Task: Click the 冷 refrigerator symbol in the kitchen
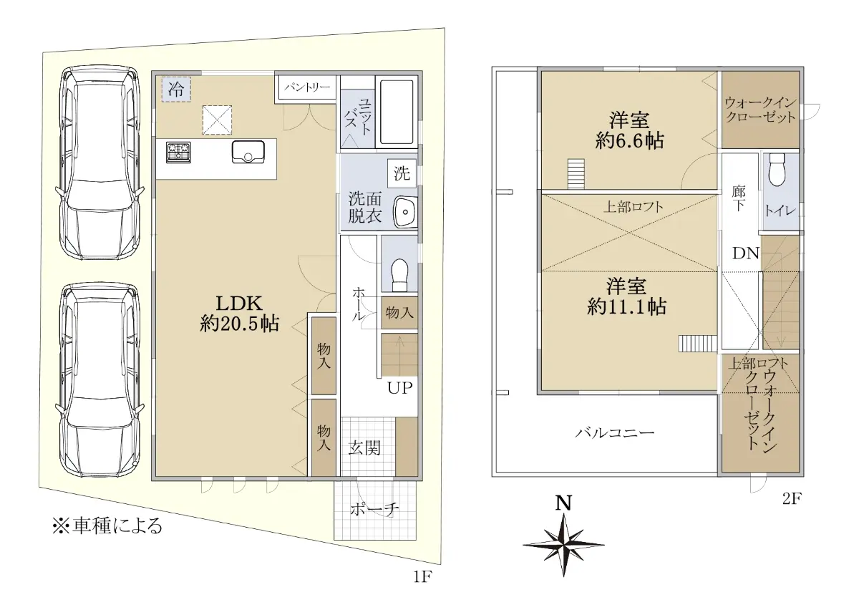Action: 176,89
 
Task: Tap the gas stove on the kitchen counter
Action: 178,152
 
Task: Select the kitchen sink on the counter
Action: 248,152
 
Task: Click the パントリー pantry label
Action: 307,87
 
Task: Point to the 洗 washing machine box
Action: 402,173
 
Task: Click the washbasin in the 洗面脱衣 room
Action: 405,211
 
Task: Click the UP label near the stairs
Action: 399,388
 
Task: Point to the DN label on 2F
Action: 746,253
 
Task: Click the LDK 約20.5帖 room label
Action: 239,314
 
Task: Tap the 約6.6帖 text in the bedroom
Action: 629,142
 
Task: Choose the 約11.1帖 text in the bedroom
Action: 626,307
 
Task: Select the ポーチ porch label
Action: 374,510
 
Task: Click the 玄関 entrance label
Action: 364,448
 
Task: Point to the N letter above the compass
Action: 564,503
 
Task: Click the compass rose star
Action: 563,545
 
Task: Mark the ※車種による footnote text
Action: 107,526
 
